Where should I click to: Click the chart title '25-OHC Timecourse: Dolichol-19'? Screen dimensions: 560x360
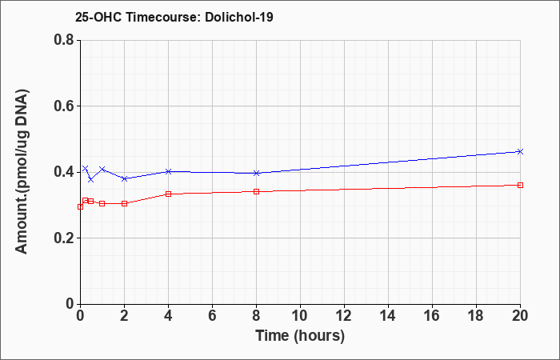[174, 17]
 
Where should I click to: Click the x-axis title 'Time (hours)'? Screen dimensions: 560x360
[300, 336]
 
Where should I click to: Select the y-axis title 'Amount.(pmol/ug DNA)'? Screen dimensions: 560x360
[22, 172]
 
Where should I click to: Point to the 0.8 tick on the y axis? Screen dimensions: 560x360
[65, 40]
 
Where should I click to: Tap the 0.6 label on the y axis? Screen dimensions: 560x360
[65, 106]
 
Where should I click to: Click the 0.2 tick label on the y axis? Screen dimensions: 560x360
[65, 238]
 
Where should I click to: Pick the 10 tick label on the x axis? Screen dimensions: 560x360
[300, 316]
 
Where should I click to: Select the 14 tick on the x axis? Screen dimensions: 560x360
[388, 316]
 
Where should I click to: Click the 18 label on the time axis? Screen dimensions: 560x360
[476, 316]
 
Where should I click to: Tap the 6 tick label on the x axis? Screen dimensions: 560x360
[212, 316]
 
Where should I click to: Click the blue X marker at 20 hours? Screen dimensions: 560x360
[520, 152]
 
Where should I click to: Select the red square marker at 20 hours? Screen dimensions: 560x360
[520, 185]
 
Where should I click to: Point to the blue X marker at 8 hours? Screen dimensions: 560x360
[256, 174]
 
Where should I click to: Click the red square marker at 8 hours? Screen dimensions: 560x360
[256, 191]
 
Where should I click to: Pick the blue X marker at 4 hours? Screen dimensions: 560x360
[168, 171]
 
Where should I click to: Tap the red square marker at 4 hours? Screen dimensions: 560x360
[168, 194]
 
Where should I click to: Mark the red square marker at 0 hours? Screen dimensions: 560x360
[80, 206]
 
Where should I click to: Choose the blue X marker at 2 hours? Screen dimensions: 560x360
[124, 178]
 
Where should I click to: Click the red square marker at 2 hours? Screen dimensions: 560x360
[124, 203]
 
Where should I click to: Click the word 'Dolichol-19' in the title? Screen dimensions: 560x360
[239, 17]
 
